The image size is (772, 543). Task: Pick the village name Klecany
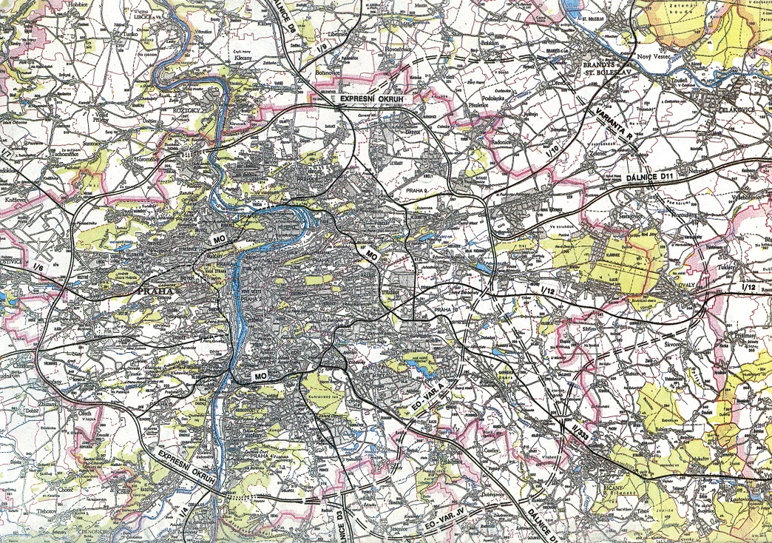(x=243, y=57)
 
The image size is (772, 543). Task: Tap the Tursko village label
(x=131, y=35)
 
